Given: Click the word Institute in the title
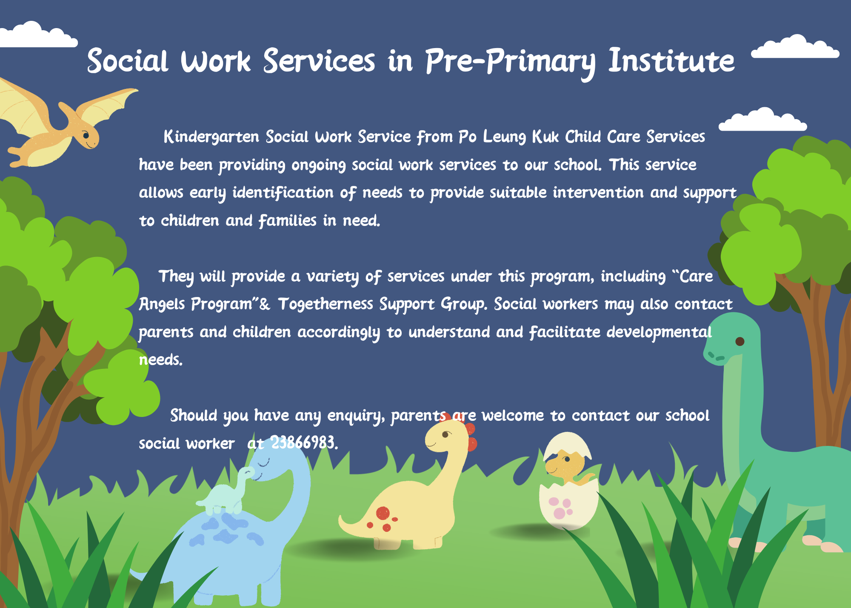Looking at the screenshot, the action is (x=671, y=61).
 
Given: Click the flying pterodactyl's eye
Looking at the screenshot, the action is (x=86, y=136).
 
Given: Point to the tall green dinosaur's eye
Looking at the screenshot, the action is (x=740, y=341).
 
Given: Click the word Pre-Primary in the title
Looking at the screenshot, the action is (x=510, y=62).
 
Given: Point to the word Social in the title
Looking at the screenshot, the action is (x=128, y=61).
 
